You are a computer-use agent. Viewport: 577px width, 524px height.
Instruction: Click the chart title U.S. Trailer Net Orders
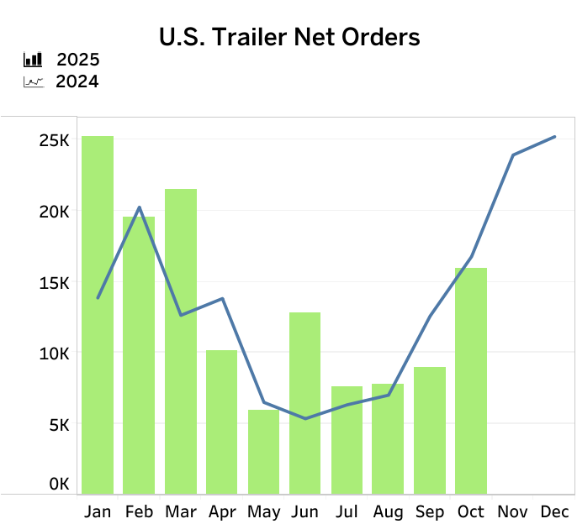tap(289, 37)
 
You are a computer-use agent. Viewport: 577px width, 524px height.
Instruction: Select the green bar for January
tap(98, 315)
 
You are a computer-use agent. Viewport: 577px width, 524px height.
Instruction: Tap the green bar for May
tap(263, 451)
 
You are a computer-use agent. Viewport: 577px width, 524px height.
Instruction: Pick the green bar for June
tap(304, 403)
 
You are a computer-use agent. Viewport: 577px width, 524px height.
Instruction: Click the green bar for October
tap(471, 380)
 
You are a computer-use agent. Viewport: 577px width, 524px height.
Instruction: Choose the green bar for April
tap(222, 422)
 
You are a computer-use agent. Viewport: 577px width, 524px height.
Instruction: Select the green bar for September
tap(430, 430)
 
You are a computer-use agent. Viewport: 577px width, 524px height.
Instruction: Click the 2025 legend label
tap(78, 60)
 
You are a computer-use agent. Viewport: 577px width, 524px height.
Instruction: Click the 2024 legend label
tap(77, 81)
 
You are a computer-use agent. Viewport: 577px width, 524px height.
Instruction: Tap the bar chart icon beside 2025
tap(33, 60)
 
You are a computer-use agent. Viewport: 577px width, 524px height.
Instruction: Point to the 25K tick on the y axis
tap(55, 140)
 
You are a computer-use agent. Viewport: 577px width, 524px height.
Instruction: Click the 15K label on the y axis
tap(55, 282)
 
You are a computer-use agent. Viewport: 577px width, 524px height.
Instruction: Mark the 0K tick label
tap(59, 485)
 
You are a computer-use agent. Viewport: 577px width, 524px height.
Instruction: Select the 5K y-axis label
tap(59, 424)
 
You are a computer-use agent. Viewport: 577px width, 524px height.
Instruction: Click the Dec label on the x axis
tap(554, 511)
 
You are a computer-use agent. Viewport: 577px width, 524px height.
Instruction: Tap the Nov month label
tap(512, 511)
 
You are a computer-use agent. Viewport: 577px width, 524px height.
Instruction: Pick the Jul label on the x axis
tap(347, 511)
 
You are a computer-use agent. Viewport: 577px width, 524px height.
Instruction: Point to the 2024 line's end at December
tap(554, 137)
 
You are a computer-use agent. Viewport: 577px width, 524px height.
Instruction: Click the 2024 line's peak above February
tap(139, 207)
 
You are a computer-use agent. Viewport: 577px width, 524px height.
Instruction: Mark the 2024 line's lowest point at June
tap(304, 418)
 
